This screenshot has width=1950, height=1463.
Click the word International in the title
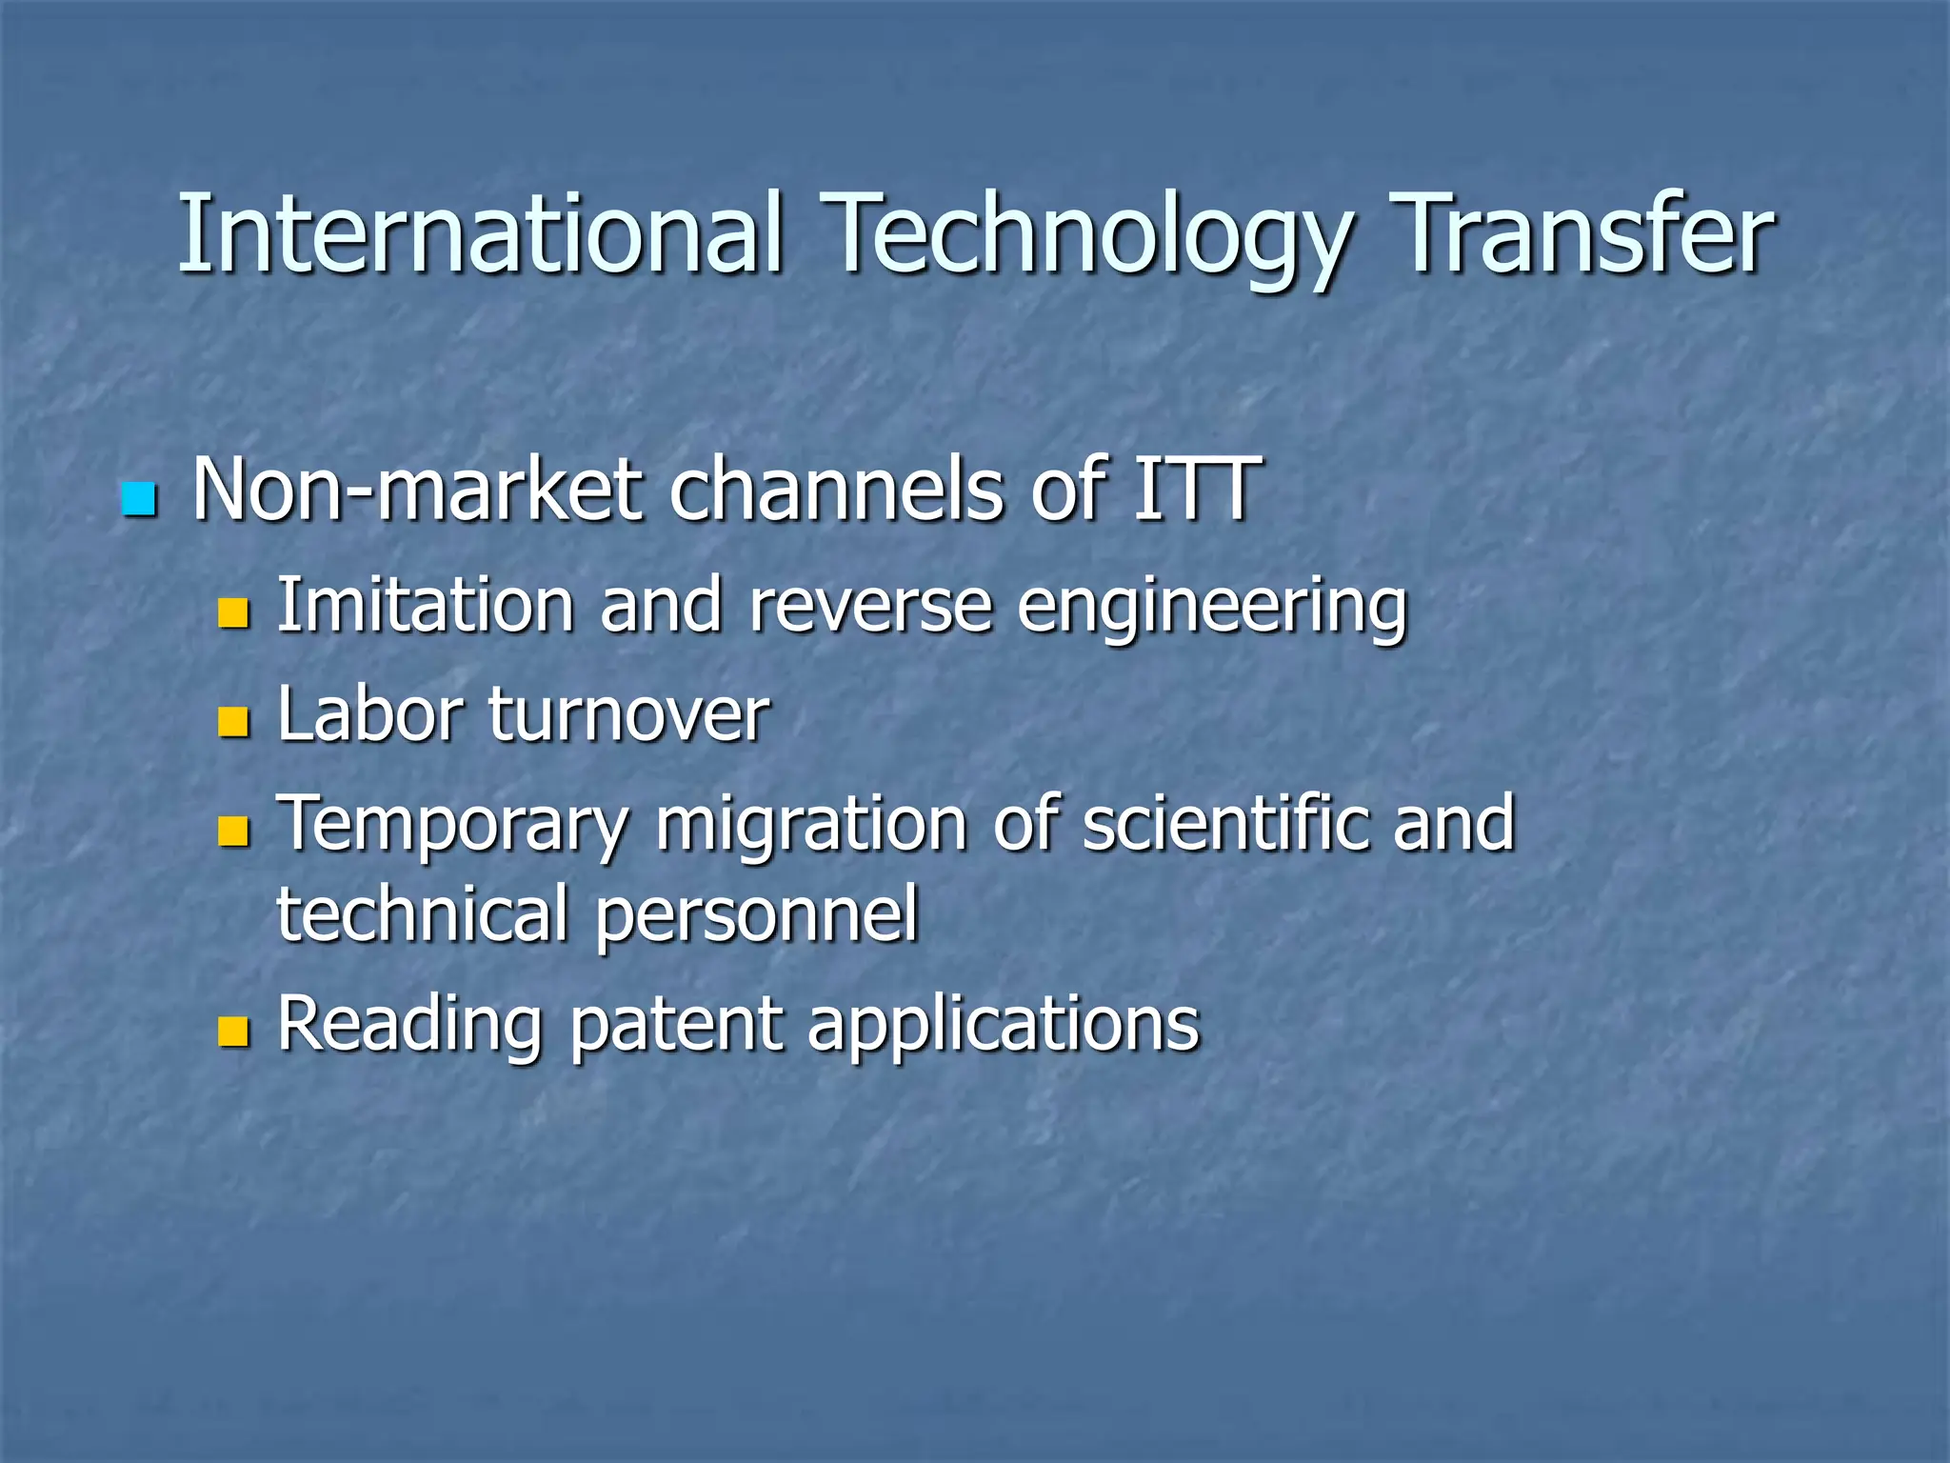pos(481,233)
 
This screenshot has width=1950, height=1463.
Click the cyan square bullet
pos(139,500)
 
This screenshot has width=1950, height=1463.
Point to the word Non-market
pos(418,491)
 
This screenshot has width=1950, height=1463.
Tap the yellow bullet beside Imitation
pos(233,613)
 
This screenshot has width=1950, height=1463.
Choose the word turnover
pos(628,715)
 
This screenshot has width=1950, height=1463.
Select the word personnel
pos(757,915)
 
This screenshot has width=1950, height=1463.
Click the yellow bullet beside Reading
pos(233,1032)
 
